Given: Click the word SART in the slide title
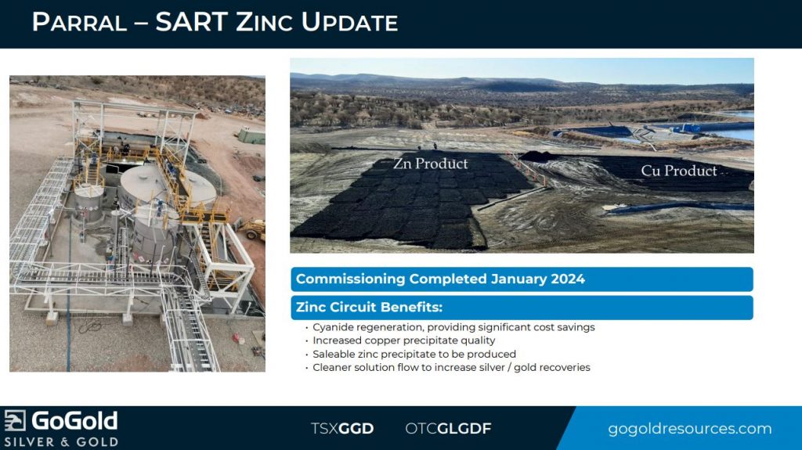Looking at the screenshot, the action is click(x=191, y=23).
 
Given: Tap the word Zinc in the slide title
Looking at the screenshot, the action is click(x=264, y=23).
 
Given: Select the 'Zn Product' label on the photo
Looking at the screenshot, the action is click(x=430, y=164).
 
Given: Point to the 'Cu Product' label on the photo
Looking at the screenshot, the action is click(x=679, y=171).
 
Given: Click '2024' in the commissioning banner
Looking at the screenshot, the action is click(x=567, y=279).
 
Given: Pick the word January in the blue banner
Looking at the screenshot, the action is click(x=518, y=279).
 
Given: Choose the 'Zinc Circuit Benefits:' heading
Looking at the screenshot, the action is click(x=369, y=308).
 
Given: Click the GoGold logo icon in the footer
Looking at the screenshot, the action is click(x=15, y=421).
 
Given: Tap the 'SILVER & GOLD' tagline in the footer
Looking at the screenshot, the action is click(x=61, y=442).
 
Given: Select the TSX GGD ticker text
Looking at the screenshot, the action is click(x=342, y=429).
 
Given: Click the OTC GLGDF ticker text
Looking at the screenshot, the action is click(x=448, y=429).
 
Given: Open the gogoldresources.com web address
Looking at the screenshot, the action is click(x=689, y=429).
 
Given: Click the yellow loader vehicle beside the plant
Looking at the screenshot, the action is click(x=255, y=229).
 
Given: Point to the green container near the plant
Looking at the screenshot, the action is click(x=251, y=135).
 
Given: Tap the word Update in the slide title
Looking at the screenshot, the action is click(x=349, y=23).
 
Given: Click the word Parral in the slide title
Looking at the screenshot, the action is click(x=79, y=23).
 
